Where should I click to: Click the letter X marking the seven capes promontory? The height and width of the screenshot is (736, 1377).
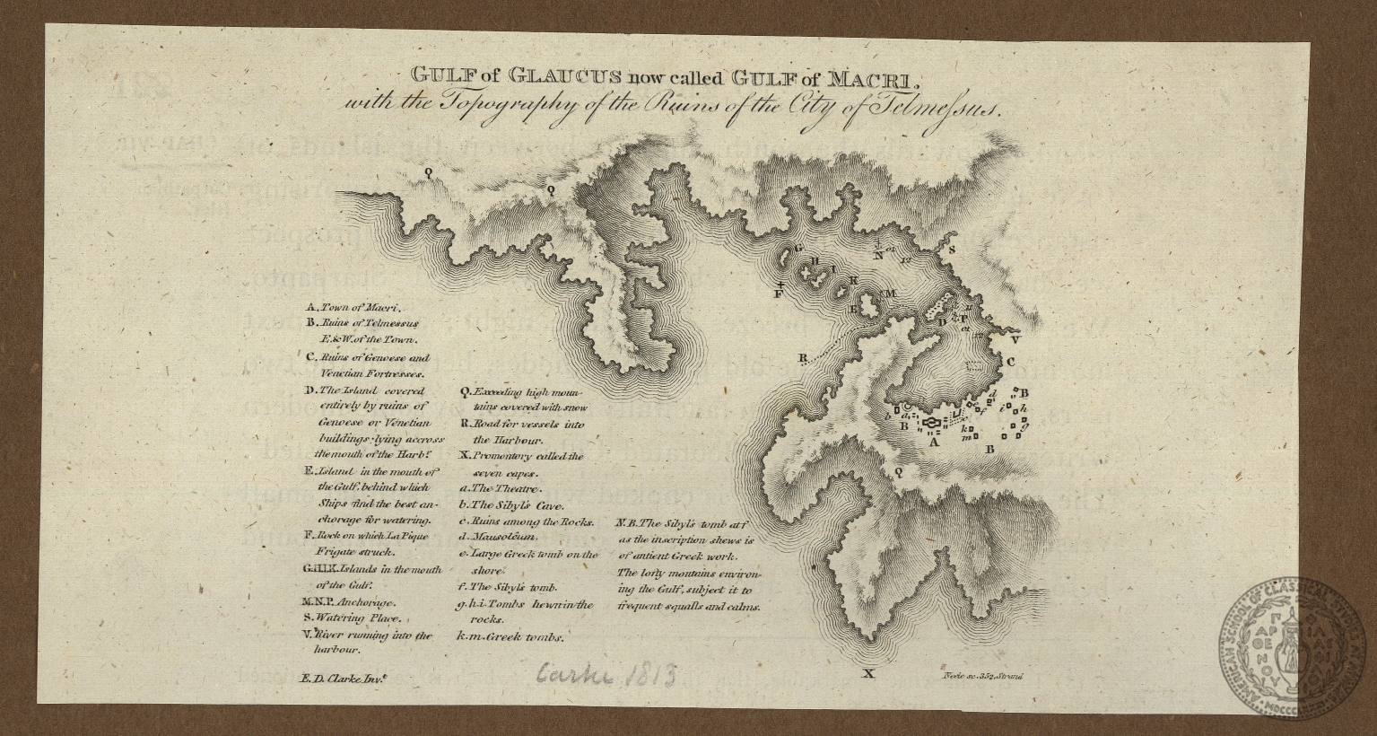[x=867, y=673]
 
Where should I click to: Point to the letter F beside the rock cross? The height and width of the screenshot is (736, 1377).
[x=779, y=294]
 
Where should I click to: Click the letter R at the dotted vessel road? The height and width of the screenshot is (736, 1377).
[x=802, y=358]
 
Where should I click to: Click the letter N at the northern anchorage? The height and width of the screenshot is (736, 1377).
[x=879, y=254]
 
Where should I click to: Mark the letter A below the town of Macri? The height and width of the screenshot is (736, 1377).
[x=932, y=442]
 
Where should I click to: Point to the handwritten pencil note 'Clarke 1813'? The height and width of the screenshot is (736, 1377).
[x=607, y=673]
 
